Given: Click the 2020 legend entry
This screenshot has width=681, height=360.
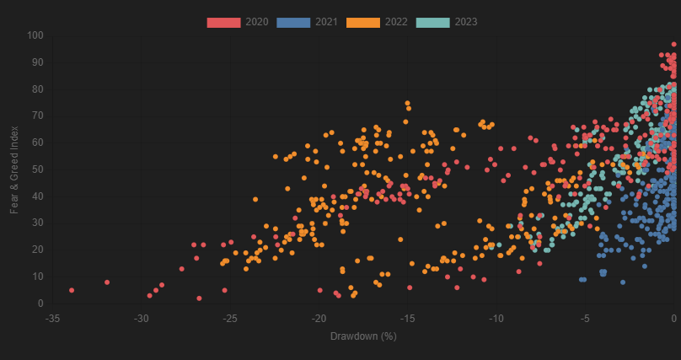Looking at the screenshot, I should [x=238, y=21].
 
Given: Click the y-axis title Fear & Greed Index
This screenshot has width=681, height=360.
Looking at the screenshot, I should [x=13, y=169].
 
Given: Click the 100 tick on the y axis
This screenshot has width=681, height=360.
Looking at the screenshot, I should [x=35, y=35].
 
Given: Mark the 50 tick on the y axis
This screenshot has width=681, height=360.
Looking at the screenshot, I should [x=37, y=169].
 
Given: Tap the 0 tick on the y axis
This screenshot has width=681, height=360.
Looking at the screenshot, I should [x=40, y=304].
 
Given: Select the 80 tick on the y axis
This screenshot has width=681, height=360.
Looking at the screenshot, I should [x=37, y=89].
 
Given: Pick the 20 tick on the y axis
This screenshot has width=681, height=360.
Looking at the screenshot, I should [x=37, y=250].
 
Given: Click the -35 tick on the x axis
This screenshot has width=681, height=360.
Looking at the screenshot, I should [x=53, y=318].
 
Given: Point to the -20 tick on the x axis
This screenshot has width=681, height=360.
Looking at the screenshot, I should [x=319, y=318].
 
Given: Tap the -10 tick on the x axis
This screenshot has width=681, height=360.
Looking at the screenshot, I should [x=496, y=318].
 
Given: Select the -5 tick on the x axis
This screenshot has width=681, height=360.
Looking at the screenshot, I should [x=586, y=318].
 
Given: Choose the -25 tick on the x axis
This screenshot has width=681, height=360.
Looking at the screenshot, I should [x=230, y=318].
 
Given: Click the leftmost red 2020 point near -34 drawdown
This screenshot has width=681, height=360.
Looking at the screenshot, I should [x=72, y=290].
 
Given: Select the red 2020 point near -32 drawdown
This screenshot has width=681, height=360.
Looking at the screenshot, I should [x=107, y=282].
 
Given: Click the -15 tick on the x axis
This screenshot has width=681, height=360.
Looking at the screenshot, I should [x=407, y=318].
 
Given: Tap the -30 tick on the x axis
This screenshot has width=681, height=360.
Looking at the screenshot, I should [x=142, y=318].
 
